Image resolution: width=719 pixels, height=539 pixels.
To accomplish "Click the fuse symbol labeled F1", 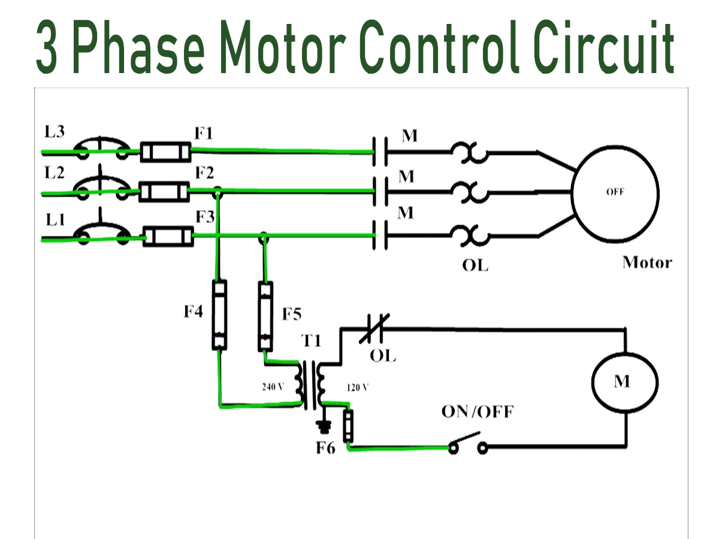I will tap(166, 152).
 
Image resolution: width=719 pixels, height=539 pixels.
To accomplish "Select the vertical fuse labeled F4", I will tap(220, 314).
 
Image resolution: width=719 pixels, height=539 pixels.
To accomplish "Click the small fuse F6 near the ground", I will tap(348, 426).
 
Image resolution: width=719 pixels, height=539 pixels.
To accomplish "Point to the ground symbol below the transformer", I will tap(325, 426).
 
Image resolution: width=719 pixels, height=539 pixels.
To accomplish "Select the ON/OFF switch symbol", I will tap(466, 444).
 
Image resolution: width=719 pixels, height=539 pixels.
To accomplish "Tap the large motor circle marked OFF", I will tap(615, 193).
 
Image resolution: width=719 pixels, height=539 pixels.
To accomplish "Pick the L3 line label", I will tap(55, 131).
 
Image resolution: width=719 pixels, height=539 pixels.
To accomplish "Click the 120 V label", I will tap(358, 387).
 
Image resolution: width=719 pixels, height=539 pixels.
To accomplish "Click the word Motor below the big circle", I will tap(647, 262).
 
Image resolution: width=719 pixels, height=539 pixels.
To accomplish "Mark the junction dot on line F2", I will tap(218, 192).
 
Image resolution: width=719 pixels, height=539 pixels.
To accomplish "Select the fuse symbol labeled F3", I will tap(169, 237).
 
